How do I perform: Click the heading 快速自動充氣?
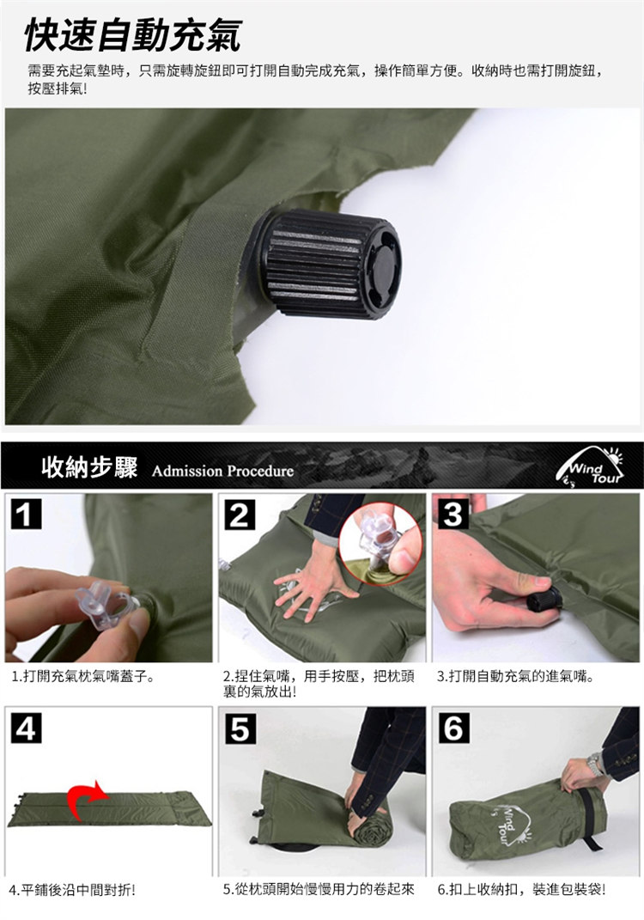[132, 35]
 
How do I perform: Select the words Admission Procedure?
[223, 471]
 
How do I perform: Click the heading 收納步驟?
[90, 467]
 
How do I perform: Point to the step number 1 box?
[27, 514]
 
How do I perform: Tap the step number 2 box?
[240, 514]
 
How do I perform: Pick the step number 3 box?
[453, 514]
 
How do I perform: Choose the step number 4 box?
[27, 728]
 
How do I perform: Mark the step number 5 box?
[240, 728]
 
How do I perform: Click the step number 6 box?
[453, 728]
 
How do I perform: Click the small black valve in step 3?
[544, 600]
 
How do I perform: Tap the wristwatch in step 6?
[595, 765]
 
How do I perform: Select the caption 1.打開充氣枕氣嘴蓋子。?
[83, 677]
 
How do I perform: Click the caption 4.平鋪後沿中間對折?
[73, 891]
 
